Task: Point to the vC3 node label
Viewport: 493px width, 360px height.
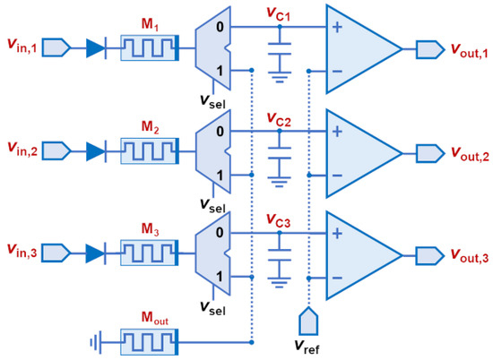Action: point(280,219)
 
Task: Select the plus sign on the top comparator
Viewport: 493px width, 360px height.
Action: point(339,27)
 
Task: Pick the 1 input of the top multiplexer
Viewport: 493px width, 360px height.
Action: point(209,69)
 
